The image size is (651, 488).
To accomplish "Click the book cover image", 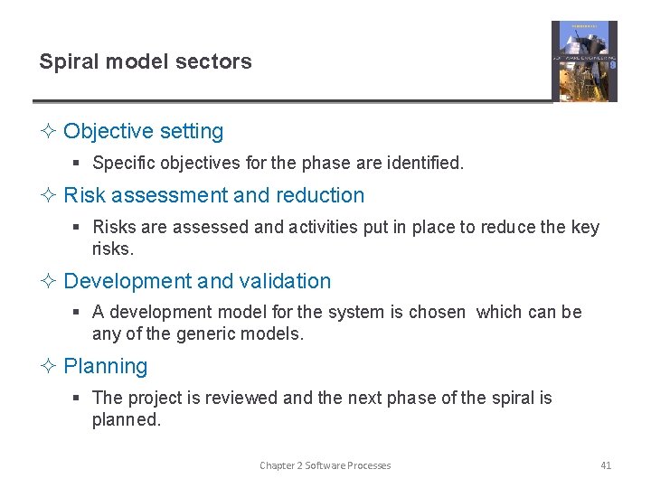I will pos(584,61).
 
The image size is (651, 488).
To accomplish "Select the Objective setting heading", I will pos(143,131).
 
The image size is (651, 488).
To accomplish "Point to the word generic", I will pos(212,333).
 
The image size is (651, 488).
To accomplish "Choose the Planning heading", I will pos(105,366).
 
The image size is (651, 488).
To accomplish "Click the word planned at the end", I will pos(126,419).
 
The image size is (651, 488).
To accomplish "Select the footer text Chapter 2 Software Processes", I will pos(325,465).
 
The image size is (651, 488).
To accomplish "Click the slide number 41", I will pos(606,465).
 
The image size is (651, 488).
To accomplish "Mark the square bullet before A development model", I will pos(79,313).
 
